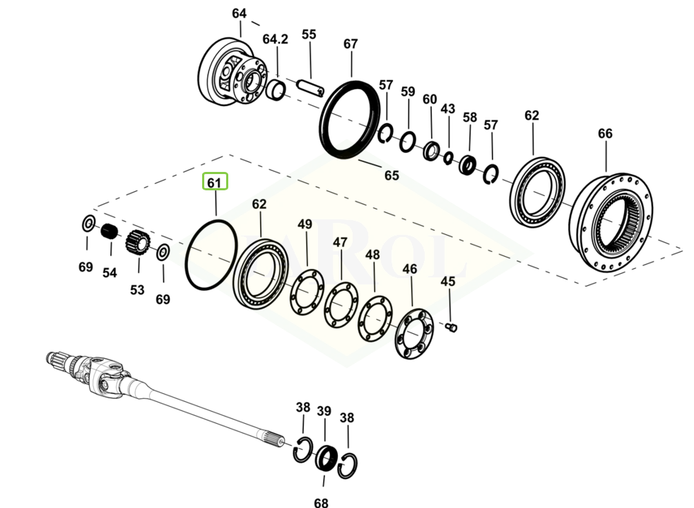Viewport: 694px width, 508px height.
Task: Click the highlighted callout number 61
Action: point(215,183)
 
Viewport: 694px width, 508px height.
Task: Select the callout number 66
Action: point(605,134)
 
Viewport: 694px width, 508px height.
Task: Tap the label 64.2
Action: point(275,40)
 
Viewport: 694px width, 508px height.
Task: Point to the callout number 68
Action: point(322,503)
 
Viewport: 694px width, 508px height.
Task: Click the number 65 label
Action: point(391,175)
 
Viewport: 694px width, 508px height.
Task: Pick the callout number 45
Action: point(448,282)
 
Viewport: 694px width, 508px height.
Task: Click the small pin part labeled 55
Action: point(310,87)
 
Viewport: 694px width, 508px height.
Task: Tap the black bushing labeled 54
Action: point(107,231)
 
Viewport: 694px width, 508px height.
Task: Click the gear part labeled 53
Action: point(136,243)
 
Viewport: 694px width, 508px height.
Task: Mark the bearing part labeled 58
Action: point(467,165)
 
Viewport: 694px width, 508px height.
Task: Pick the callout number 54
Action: point(109,272)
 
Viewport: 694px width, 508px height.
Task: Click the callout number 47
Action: point(341,243)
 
